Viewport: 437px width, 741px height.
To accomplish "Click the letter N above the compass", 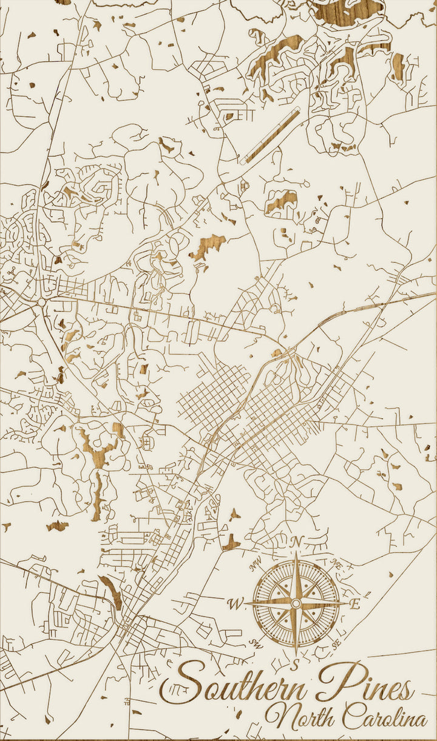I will [296, 541].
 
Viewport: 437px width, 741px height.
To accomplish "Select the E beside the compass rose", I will [356, 604].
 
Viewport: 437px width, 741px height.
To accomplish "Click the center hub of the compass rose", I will [296, 603].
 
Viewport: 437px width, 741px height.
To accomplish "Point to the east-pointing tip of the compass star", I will [347, 603].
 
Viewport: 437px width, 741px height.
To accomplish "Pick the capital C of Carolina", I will [350, 717].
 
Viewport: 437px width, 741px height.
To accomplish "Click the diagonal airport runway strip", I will [270, 136].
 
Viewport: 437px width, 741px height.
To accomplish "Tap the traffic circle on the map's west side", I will [41, 301].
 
